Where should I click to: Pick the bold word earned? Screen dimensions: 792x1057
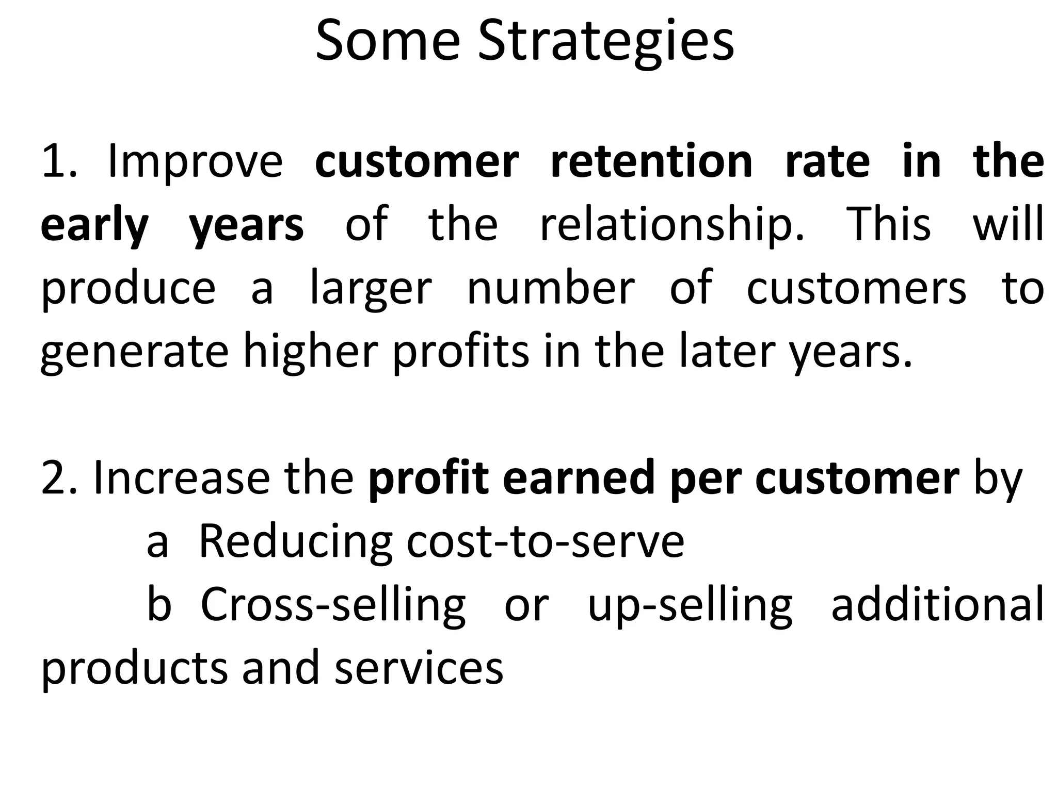coord(578,478)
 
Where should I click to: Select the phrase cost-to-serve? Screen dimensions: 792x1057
coord(545,541)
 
